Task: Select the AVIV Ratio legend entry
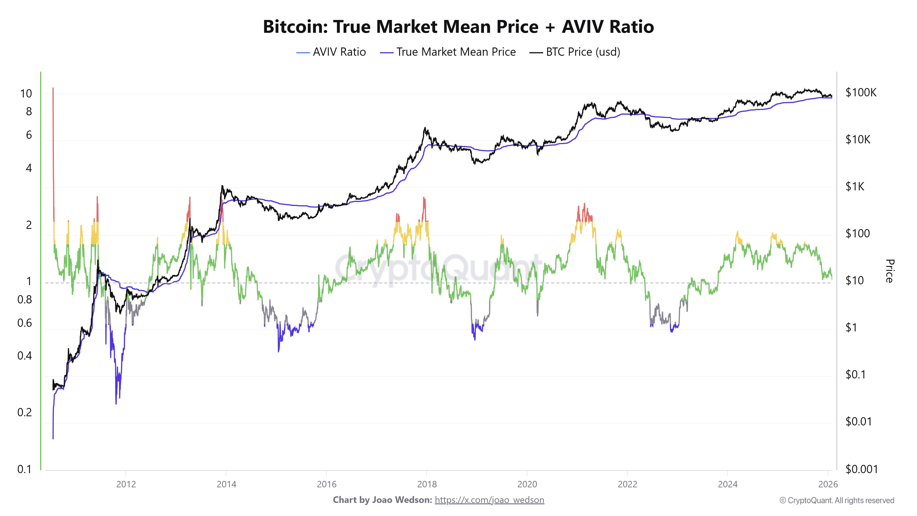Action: click(x=331, y=52)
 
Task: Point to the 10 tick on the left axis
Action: click(x=26, y=94)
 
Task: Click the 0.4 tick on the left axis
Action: click(x=25, y=355)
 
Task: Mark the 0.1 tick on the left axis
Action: click(x=25, y=469)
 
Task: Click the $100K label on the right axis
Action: click(x=861, y=93)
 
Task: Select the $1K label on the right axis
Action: click(x=855, y=187)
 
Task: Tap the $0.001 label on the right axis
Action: click(x=862, y=469)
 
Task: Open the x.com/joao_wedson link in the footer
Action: click(x=489, y=500)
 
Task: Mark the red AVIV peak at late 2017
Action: click(x=424, y=208)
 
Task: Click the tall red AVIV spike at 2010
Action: click(x=53, y=142)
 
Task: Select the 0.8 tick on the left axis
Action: click(x=25, y=300)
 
